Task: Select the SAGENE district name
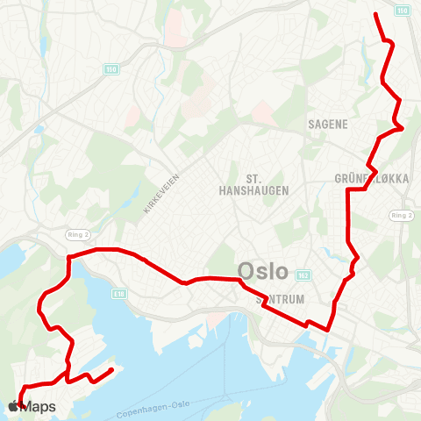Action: click(x=329, y=125)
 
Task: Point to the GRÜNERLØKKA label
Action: click(x=372, y=178)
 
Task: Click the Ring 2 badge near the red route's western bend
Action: click(x=78, y=235)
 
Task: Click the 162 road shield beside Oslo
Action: click(x=303, y=275)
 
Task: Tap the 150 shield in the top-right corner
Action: click(x=402, y=11)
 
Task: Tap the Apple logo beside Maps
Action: click(x=15, y=406)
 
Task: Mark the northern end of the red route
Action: click(x=375, y=14)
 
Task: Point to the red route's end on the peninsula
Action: click(x=113, y=372)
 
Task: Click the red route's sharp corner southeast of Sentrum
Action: click(x=327, y=331)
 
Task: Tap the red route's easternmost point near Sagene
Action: click(x=403, y=128)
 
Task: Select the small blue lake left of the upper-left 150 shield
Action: click(x=39, y=130)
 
